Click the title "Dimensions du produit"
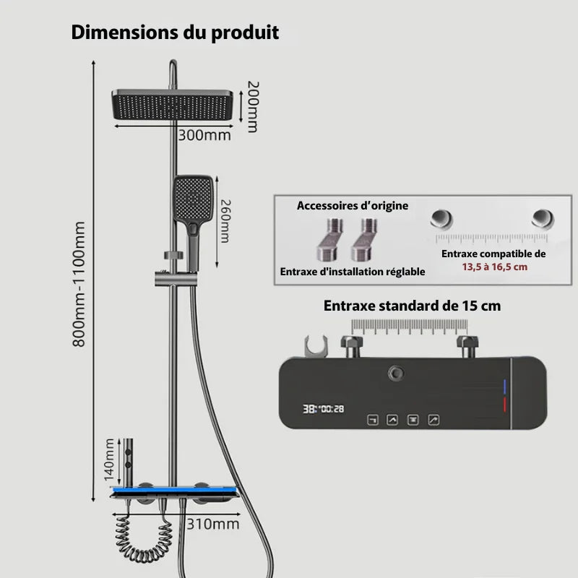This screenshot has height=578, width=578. [x=175, y=33]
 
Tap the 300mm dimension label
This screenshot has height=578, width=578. [x=205, y=134]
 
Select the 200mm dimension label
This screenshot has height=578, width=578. [x=252, y=105]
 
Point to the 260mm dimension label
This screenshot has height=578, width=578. [x=225, y=222]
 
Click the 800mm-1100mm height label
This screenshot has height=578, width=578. [x=79, y=283]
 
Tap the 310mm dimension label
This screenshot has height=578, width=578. [x=212, y=524]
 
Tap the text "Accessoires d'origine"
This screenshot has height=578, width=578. [x=353, y=206]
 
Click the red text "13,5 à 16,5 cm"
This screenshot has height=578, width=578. [x=495, y=267]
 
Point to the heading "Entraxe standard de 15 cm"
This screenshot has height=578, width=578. [x=412, y=306]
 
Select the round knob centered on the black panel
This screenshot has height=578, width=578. [x=397, y=374]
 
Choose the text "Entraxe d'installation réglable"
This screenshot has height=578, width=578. [x=353, y=272]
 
